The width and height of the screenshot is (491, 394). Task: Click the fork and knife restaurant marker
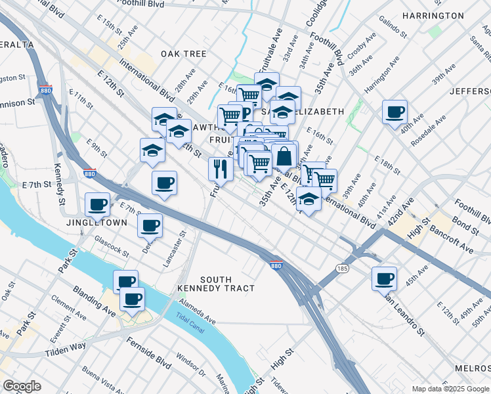[x=221, y=169]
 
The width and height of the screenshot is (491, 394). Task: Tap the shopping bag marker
[x=284, y=157]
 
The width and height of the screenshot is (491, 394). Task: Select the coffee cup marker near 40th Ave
[x=395, y=112]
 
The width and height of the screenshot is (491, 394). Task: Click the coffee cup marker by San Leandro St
[x=385, y=278]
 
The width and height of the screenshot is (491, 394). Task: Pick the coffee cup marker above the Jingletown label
[x=98, y=204]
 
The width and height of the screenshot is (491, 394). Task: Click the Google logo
[x=22, y=385]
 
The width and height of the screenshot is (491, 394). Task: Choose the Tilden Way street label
[x=65, y=349]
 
